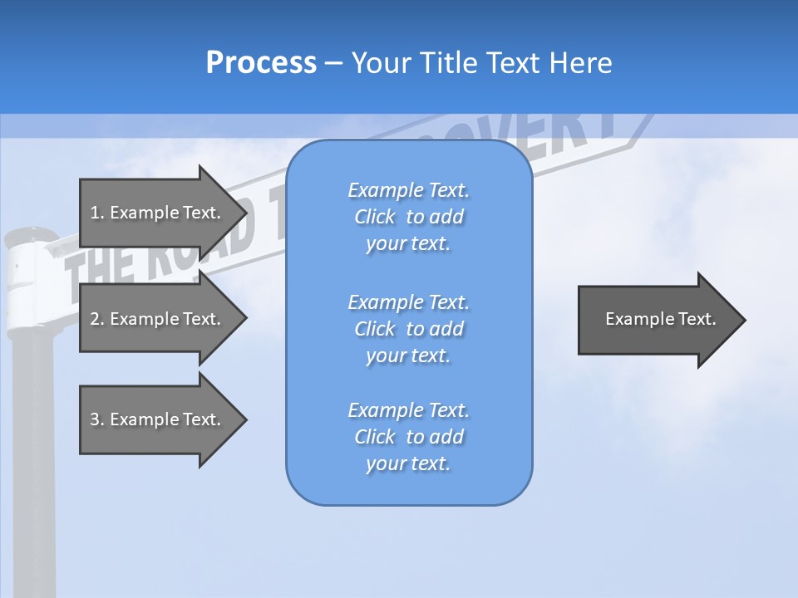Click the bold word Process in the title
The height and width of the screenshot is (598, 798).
pyautogui.click(x=261, y=63)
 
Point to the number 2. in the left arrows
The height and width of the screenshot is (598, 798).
pyautogui.click(x=96, y=319)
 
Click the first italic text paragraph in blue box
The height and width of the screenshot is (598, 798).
pyautogui.click(x=408, y=217)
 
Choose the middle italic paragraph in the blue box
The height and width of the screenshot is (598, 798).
pyautogui.click(x=408, y=328)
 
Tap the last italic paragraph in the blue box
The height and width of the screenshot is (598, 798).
pyautogui.click(x=408, y=437)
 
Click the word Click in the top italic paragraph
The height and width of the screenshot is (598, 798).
pyautogui.click(x=375, y=218)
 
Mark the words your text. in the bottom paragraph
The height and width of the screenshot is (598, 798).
pyautogui.click(x=408, y=463)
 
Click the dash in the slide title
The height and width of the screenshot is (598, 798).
pyautogui.click(x=333, y=64)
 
